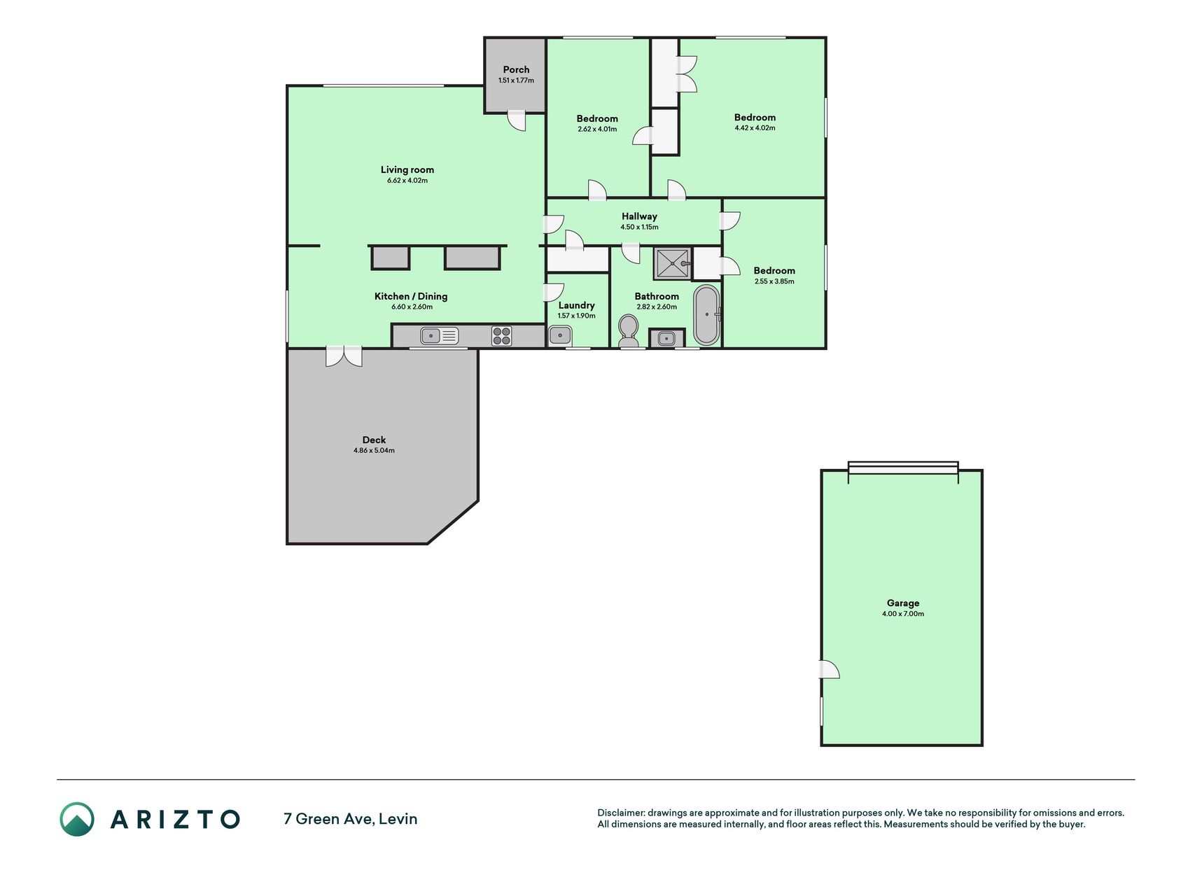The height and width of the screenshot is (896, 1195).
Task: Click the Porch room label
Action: click(x=516, y=69)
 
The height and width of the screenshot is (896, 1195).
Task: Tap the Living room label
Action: click(x=407, y=169)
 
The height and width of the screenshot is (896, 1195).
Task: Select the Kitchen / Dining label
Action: click(x=411, y=296)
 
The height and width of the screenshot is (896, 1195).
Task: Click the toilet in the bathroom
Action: click(x=629, y=330)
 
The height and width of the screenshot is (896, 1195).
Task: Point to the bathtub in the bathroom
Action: click(x=706, y=315)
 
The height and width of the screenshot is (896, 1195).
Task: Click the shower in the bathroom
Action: click(x=673, y=263)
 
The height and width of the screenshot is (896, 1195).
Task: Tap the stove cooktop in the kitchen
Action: click(x=501, y=336)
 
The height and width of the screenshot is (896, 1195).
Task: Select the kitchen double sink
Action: click(x=440, y=336)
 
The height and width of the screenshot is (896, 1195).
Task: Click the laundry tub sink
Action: click(x=560, y=336)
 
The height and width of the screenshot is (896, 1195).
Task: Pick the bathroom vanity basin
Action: click(x=666, y=339)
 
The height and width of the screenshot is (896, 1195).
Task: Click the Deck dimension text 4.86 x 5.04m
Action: click(x=374, y=451)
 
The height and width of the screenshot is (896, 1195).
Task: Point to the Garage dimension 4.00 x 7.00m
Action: click(x=903, y=614)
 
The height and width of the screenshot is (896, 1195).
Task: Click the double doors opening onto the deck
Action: click(x=344, y=356)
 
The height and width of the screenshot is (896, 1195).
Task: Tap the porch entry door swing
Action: click(x=517, y=120)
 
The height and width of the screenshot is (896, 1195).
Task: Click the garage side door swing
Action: click(x=830, y=669)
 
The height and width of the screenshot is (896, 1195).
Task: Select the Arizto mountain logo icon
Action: click(x=77, y=819)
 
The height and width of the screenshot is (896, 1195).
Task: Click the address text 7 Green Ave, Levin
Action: click(x=350, y=819)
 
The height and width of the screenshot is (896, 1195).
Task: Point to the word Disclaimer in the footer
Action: click(x=620, y=813)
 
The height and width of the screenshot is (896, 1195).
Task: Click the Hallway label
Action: click(x=639, y=216)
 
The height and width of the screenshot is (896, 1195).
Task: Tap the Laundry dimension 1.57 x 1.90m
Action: click(x=576, y=316)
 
